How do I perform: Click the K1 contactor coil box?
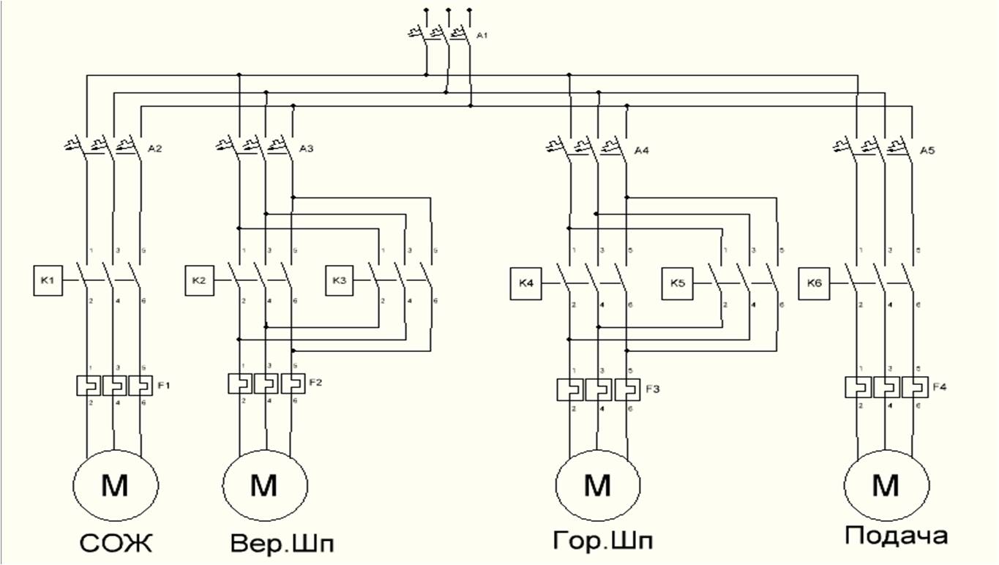point(47,281)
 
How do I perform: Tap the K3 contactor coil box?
point(339,281)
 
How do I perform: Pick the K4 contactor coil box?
point(525,285)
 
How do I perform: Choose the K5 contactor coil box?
point(678,285)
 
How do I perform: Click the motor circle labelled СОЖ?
point(115,484)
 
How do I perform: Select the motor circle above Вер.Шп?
point(265,484)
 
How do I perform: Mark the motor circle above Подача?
point(887,484)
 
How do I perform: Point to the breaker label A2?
point(154,149)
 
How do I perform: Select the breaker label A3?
point(307,149)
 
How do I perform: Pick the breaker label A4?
point(641,151)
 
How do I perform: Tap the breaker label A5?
point(927,151)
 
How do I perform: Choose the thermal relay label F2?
point(316,381)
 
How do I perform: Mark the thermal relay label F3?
point(653,388)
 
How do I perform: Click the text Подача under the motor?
point(897,536)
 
